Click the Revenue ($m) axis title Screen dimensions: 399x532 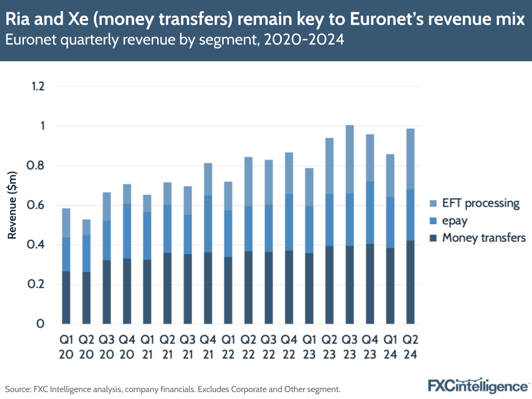(x=12, y=205)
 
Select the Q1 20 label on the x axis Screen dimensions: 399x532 (x=66, y=346)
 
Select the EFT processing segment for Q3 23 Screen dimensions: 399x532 (x=350, y=159)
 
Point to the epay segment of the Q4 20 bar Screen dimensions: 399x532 (x=126, y=231)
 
